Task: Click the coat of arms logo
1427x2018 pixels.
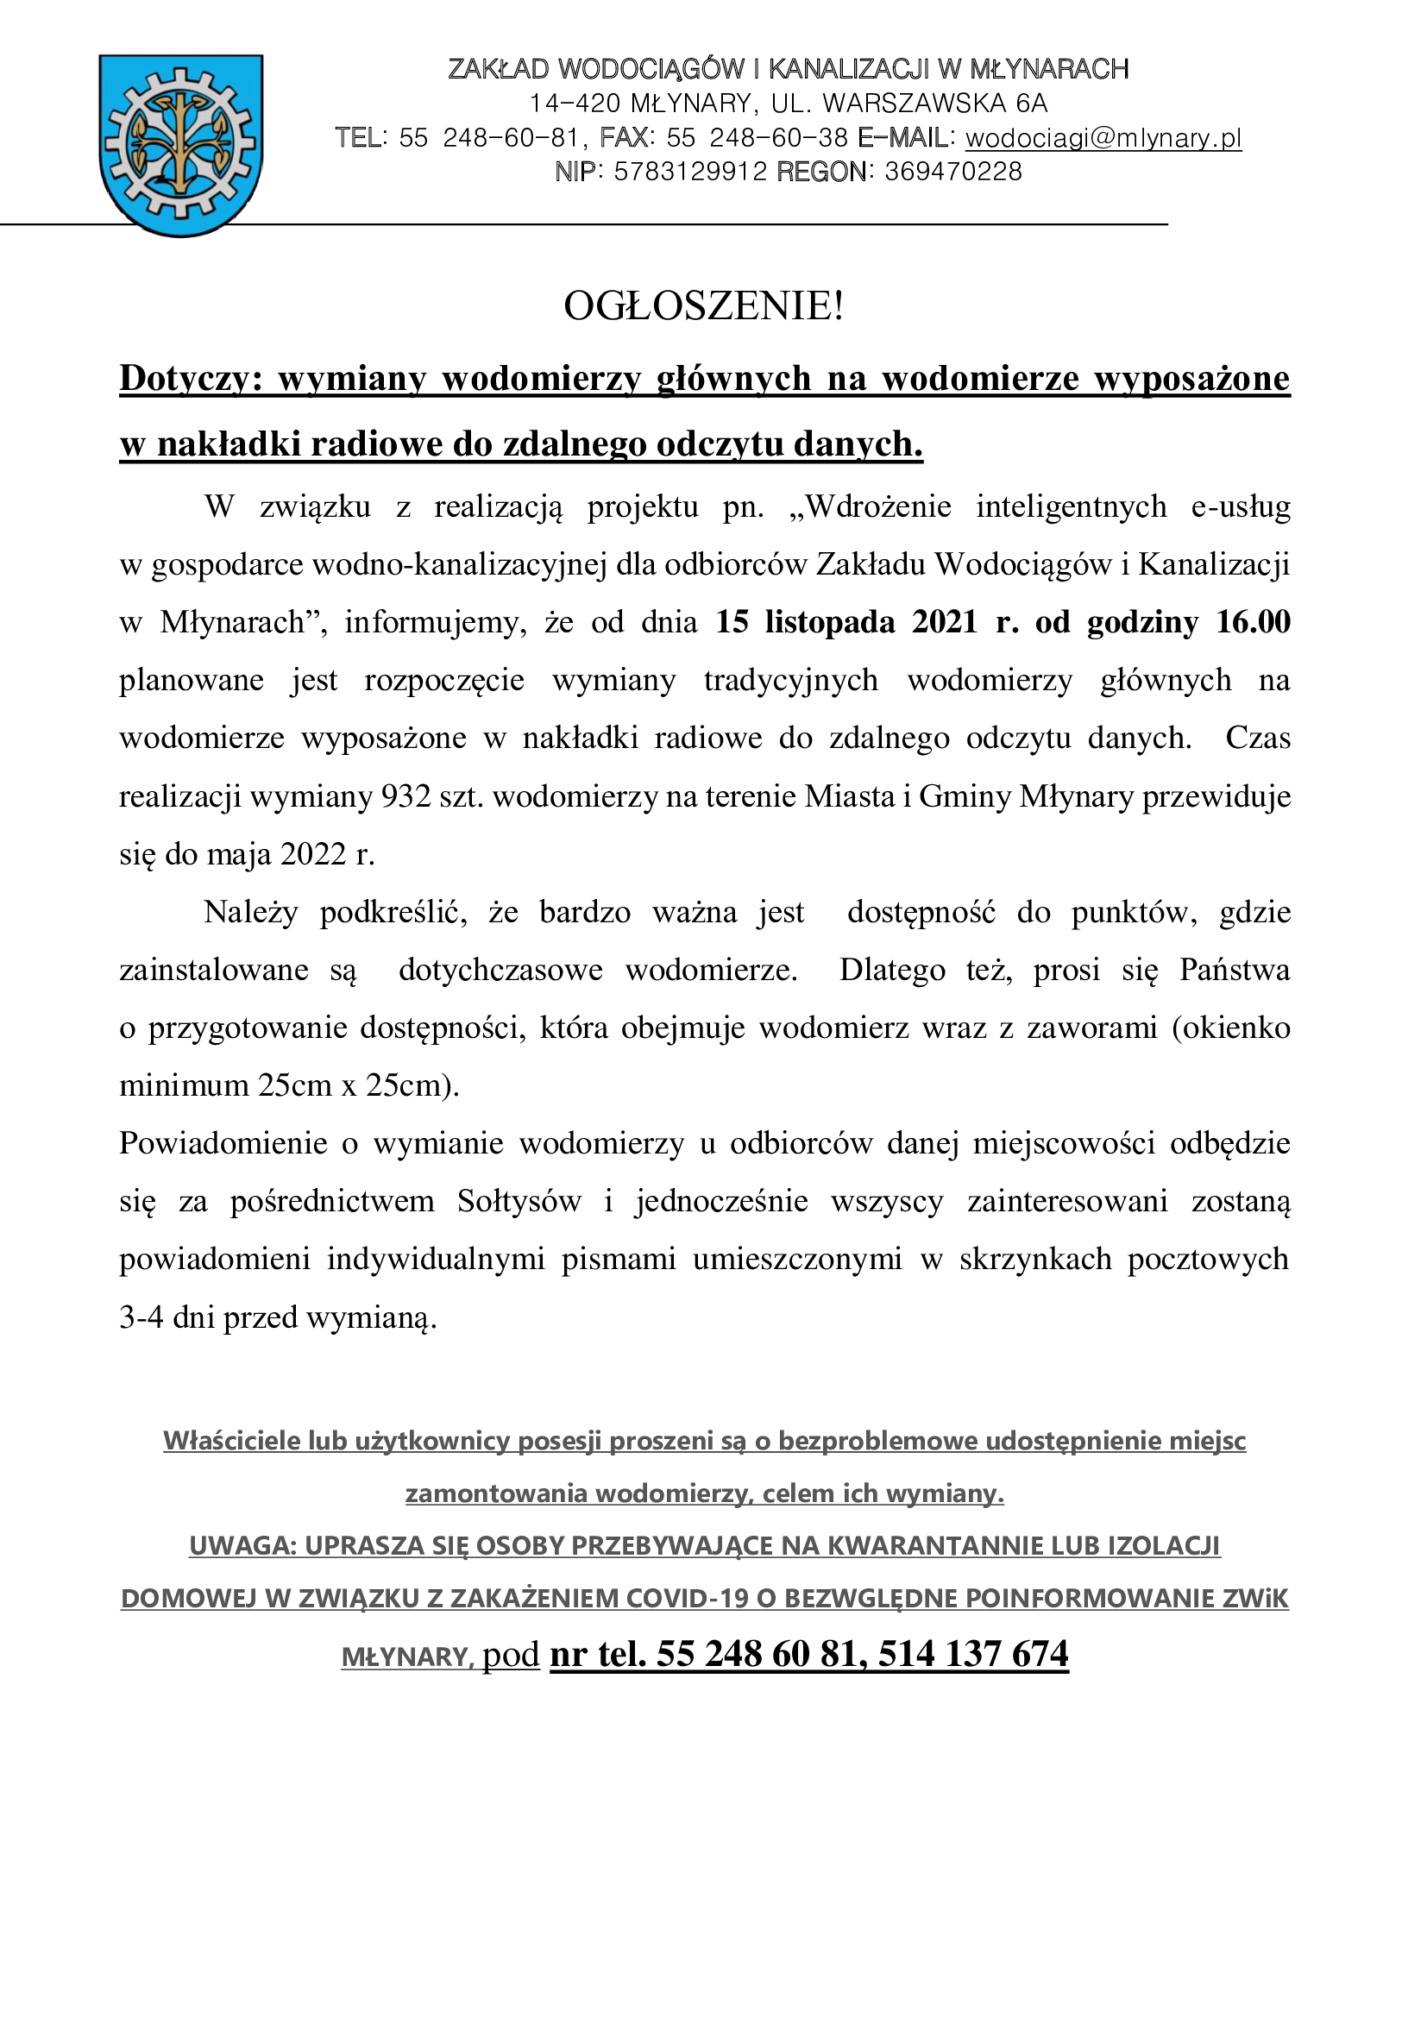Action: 181,145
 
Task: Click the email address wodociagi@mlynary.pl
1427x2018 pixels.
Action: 1103,138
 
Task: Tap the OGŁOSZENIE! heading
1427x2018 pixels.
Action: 703,306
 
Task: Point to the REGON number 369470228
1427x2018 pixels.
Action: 953,172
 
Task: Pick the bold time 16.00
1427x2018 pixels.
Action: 1253,622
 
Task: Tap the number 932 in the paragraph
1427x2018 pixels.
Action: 407,796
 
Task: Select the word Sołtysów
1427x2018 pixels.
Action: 519,1202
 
